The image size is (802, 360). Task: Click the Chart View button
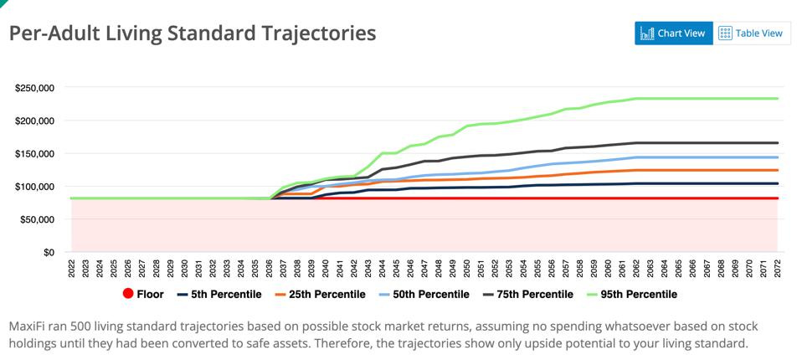point(673,33)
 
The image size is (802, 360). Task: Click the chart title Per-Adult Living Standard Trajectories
point(192,33)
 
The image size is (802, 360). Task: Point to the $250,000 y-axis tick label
point(35,88)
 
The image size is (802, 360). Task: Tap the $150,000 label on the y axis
point(35,153)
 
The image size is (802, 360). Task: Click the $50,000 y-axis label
point(38,219)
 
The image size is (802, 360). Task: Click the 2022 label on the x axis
point(72,268)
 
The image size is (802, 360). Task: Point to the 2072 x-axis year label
point(778,268)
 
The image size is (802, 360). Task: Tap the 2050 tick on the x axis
point(467,268)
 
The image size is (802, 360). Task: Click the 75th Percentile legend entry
point(528,294)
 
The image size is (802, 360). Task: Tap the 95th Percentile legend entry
point(632,294)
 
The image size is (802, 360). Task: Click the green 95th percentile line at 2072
point(778,99)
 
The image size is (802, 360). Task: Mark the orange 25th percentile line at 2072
point(778,170)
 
